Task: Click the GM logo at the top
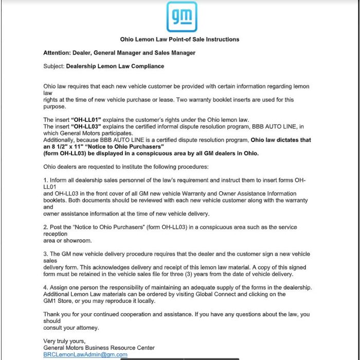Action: pos(182,17)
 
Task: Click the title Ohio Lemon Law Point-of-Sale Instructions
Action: pos(179,39)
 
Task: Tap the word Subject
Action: pos(54,66)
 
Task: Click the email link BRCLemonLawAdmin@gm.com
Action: pos(85,354)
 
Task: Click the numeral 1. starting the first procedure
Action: pos(46,180)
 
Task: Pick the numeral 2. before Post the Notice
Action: pos(46,227)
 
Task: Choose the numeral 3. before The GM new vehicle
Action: pos(46,254)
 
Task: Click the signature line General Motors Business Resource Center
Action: pos(99,348)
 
